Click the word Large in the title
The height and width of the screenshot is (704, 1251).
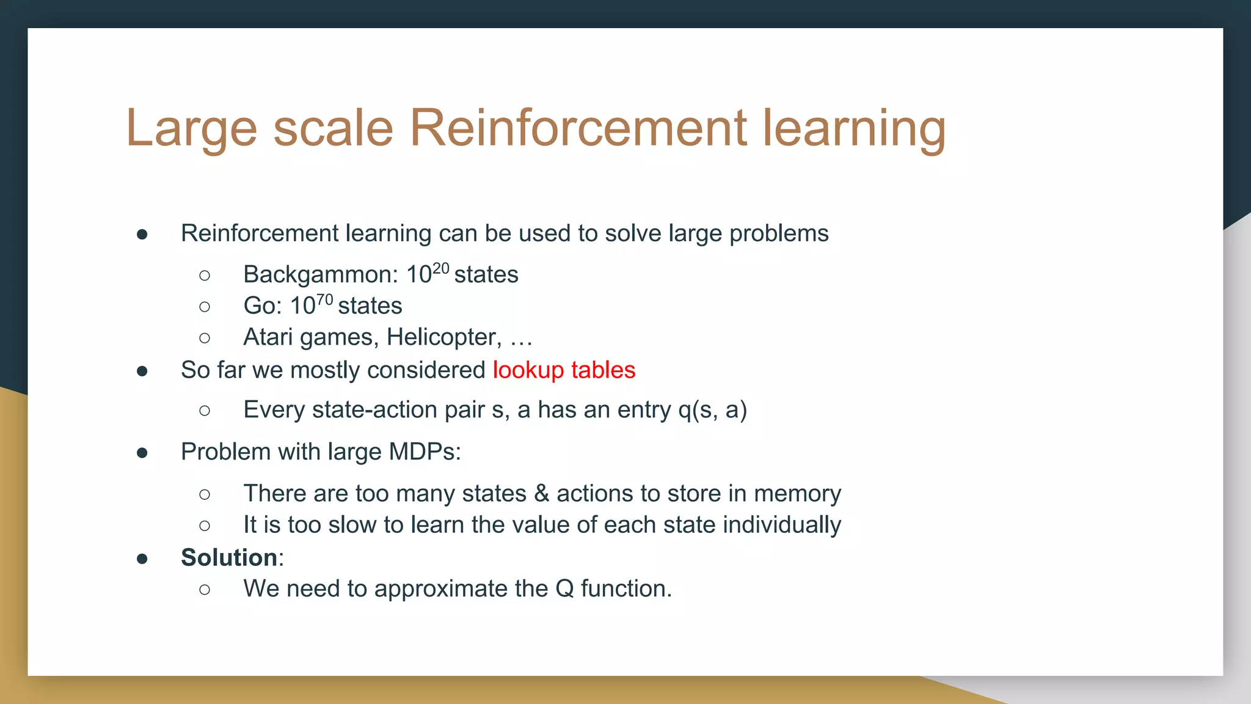(x=191, y=130)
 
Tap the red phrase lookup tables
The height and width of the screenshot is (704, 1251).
(x=564, y=370)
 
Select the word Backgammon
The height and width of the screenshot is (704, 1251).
(x=320, y=275)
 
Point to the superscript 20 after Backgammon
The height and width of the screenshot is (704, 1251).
(x=441, y=269)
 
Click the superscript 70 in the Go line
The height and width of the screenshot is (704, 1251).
(x=324, y=300)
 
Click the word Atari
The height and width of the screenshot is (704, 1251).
(x=268, y=337)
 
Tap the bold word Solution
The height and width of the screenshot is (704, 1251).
(x=229, y=557)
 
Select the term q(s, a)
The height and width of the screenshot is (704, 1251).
(x=712, y=410)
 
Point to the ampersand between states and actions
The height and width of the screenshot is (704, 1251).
(x=541, y=494)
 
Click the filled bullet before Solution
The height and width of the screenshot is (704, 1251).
(x=142, y=559)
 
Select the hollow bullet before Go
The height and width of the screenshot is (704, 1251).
(x=205, y=307)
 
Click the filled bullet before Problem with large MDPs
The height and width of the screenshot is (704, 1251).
(x=142, y=453)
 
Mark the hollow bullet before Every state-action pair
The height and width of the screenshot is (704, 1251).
(x=205, y=411)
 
